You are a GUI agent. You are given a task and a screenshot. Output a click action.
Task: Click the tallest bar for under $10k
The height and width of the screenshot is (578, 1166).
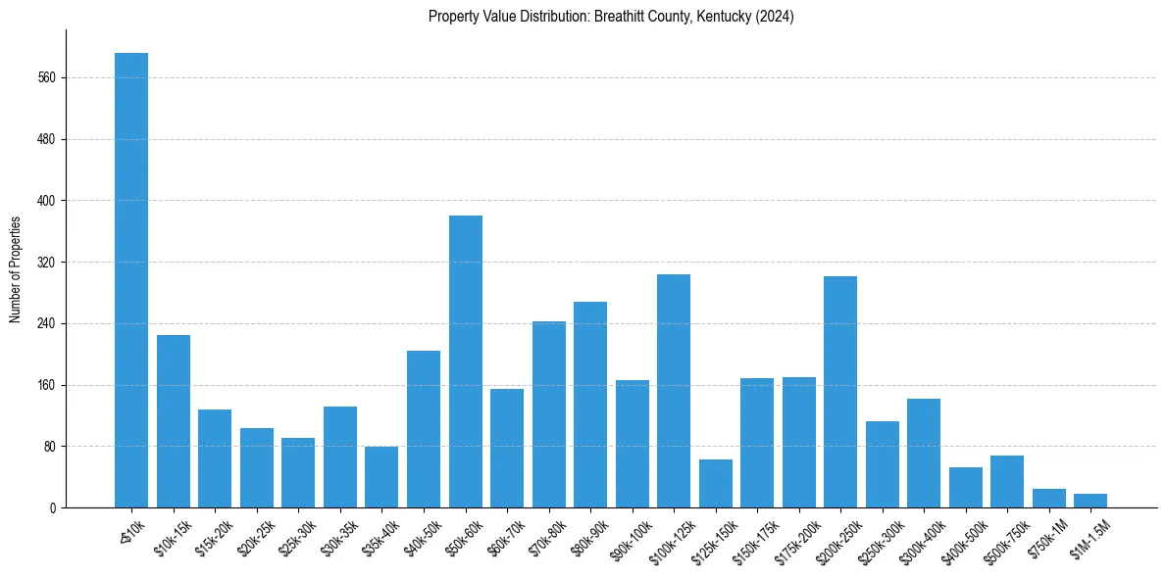pos(131,280)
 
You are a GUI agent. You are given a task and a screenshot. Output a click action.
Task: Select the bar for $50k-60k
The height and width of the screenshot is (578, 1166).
pos(466,361)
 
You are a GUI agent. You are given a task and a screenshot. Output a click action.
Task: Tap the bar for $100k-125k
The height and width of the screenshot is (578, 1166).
pos(674,391)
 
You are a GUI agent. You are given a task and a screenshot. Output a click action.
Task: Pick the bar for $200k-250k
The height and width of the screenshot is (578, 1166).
pos(840,392)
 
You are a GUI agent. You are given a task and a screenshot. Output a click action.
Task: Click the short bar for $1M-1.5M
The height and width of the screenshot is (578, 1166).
pos(1090,501)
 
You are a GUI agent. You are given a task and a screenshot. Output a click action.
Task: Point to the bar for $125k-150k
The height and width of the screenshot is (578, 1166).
pos(716,484)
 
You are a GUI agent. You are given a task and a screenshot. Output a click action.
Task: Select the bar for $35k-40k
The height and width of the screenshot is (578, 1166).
pos(381,477)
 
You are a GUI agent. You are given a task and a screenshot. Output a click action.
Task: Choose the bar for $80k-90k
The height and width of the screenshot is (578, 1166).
pos(590,405)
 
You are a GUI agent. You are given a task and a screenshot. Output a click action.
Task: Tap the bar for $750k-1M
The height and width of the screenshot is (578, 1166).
pos(1049,499)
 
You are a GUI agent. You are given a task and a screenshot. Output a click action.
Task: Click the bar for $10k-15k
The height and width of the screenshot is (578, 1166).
pos(174,421)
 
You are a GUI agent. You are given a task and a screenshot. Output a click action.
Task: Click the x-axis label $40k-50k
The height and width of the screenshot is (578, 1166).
pos(422,538)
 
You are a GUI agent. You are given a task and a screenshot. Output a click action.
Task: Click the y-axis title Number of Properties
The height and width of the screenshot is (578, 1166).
pos(15,269)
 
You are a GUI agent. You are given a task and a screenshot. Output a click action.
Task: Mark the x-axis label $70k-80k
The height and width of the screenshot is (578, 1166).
pos(547,538)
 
